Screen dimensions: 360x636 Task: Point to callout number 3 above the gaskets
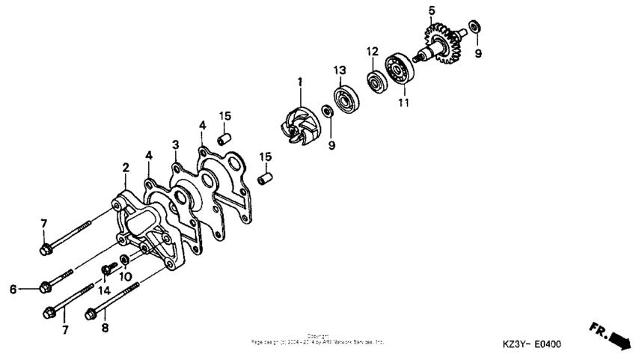[175, 144]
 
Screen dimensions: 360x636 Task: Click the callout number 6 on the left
[13, 289]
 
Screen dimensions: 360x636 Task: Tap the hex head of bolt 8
[92, 312]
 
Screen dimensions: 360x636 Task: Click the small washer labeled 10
[124, 260]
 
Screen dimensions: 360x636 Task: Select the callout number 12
[372, 52]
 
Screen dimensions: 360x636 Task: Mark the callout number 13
[339, 70]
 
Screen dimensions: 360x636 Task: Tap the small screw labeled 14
[106, 267]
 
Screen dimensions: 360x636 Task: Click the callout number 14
[104, 290]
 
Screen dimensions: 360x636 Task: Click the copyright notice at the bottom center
[318, 339]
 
